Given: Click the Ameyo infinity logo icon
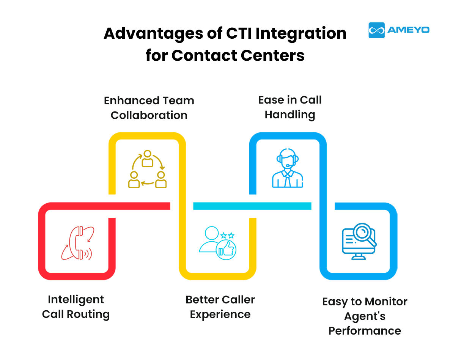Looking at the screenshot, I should pos(376,30).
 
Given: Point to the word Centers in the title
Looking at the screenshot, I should pos(272,56).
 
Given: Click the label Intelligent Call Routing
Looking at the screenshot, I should pos(76,307).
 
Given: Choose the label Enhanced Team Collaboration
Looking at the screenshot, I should pos(149,108).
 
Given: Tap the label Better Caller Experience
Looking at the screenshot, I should pos(220,307).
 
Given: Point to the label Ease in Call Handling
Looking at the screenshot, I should pos(290,107).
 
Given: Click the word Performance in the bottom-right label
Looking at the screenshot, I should pos(365,331).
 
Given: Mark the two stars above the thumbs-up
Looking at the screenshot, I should pos(227,235).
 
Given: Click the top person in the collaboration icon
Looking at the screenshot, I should pos(147,159).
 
